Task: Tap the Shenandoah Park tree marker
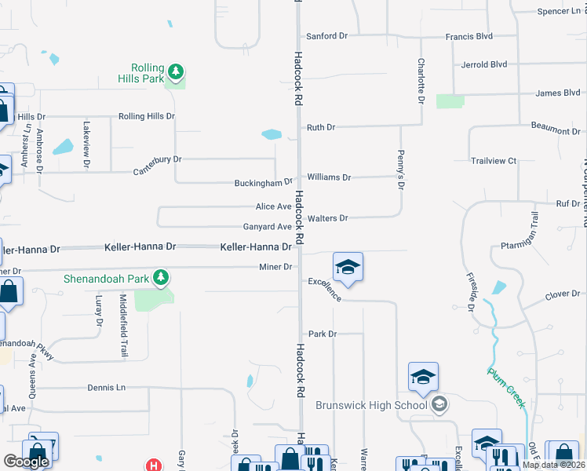(161, 277)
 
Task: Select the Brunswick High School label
(371, 405)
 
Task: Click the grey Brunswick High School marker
(439, 404)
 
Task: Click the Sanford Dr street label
(326, 36)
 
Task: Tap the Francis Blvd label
(469, 36)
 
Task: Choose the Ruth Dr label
(321, 127)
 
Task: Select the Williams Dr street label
(329, 177)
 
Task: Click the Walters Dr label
(327, 218)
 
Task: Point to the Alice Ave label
(273, 206)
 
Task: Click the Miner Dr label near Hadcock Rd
(275, 268)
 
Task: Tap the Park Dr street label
(322, 334)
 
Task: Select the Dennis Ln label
(106, 388)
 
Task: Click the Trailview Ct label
(494, 161)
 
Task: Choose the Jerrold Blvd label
(485, 64)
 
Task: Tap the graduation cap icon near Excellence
(347, 267)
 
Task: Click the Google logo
(26, 462)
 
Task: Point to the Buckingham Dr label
(253, 184)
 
